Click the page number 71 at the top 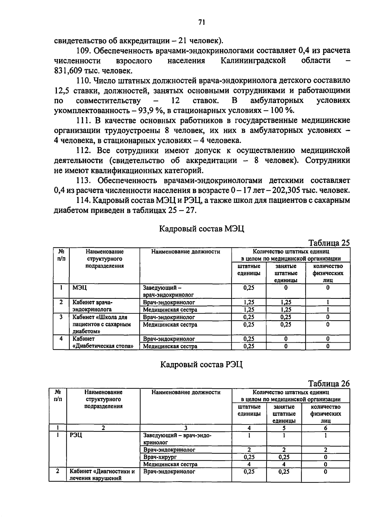click(x=202, y=22)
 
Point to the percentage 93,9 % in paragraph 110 click(x=141, y=110)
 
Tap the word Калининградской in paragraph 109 click(x=253, y=60)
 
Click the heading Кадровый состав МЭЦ click(x=202, y=228)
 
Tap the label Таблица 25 click(x=329, y=243)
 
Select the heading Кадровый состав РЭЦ click(x=201, y=364)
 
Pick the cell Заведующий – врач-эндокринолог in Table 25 click(x=168, y=291)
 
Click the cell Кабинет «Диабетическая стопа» click(x=103, y=342)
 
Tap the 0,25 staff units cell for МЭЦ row click(x=249, y=288)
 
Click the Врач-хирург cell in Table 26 click(x=160, y=457)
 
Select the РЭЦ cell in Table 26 click(x=76, y=435)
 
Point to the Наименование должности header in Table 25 click(x=186, y=252)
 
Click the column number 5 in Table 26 click(x=284, y=428)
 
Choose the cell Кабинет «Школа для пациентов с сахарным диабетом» click(x=102, y=324)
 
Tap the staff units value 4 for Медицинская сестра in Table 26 click(x=249, y=464)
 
